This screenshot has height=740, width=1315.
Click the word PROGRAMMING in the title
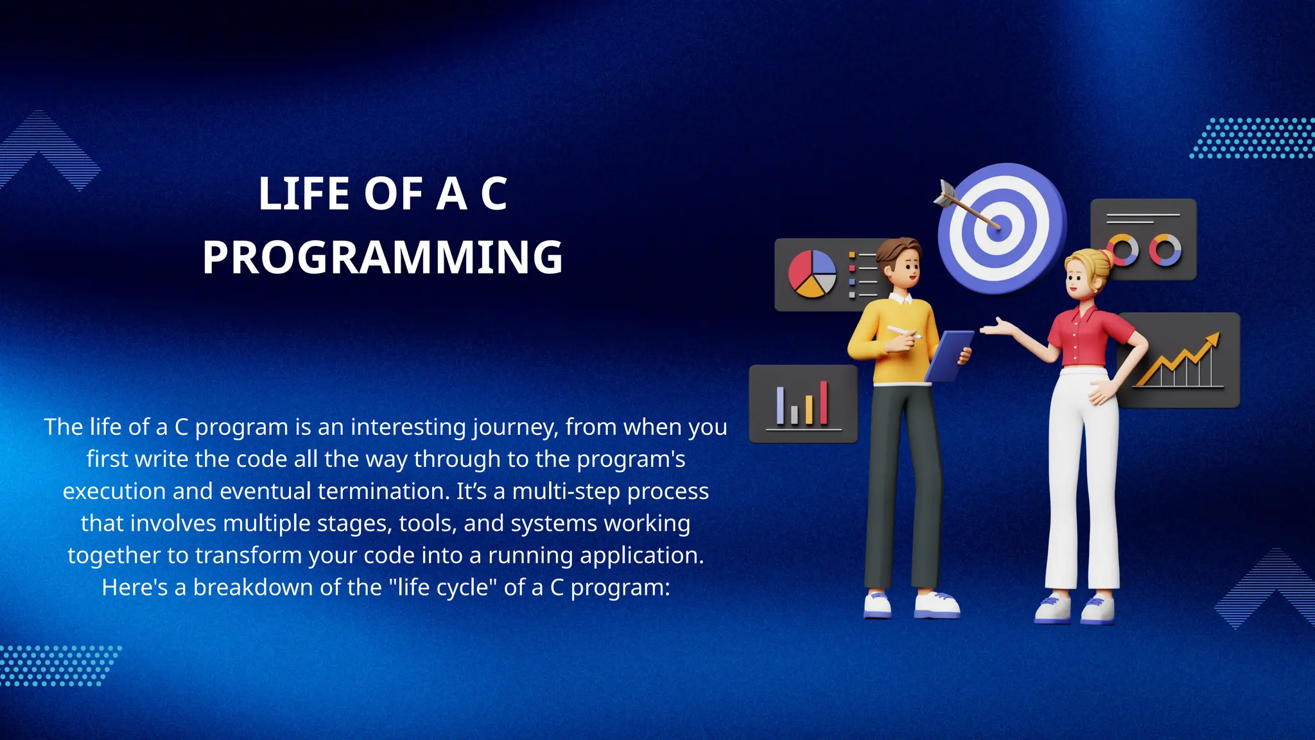pyautogui.click(x=383, y=258)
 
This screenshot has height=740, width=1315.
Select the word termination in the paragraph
pyautogui.click(x=383, y=491)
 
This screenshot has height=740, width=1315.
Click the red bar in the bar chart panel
pyautogui.click(x=824, y=403)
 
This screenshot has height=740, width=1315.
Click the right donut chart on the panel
pyautogui.click(x=1165, y=250)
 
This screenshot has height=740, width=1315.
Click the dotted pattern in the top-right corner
pyautogui.click(x=1252, y=138)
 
